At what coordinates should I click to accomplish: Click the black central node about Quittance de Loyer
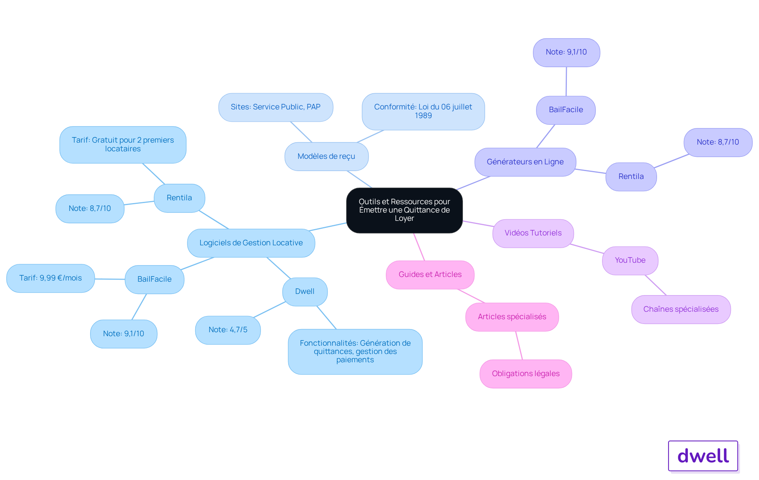pos(404,210)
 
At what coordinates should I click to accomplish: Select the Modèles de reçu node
pos(327,156)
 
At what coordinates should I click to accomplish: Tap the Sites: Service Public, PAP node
pos(276,107)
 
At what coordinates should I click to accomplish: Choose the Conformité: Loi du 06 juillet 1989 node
pos(423,111)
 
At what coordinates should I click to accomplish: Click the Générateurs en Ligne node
pos(525,162)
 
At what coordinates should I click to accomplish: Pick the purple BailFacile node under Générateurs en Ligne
pos(566,110)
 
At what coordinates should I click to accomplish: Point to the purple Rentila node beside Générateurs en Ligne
pos(631,177)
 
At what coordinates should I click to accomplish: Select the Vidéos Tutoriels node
pos(533,233)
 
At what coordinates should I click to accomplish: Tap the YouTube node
pos(630,260)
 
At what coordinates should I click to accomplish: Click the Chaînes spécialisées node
pos(681,309)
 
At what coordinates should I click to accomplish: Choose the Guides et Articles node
pos(430,275)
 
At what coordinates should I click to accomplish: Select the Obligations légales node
pos(526,374)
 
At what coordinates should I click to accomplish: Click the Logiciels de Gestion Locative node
pos(251,243)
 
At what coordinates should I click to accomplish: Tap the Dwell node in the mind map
pos(305,292)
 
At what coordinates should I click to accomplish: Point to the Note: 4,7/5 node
pos(228,330)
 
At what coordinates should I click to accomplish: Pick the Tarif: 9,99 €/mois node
pos(51,278)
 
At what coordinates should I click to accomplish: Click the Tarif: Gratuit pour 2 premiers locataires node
pos(123,145)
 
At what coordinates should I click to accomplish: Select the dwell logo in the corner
pos(703,456)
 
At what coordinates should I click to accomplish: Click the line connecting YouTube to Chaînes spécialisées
pos(656,285)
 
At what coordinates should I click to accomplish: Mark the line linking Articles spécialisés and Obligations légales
pos(519,345)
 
